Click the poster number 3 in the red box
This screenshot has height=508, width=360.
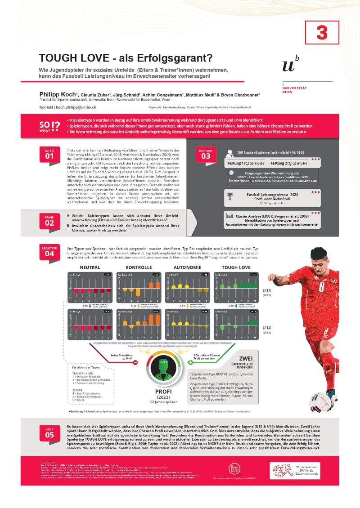(322, 32)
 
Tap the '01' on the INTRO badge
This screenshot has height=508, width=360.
(49, 156)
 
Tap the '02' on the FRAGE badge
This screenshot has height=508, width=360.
(49, 223)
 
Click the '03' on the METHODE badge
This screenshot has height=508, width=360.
(206, 156)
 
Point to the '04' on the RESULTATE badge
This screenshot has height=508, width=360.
(49, 253)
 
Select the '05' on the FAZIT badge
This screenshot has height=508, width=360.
(49, 435)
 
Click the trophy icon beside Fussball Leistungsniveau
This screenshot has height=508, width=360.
(230, 196)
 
